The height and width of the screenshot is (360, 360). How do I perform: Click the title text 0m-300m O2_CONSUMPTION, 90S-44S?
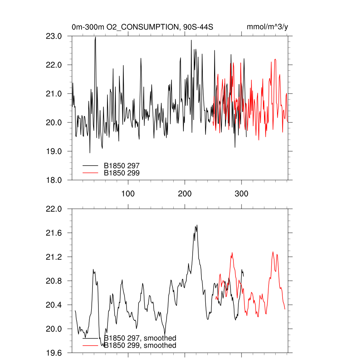tap(142, 27)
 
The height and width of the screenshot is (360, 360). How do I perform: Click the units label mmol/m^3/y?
tap(268, 27)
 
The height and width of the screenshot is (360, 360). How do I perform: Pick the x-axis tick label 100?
tap(128, 194)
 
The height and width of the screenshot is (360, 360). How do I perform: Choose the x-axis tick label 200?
tap(185, 194)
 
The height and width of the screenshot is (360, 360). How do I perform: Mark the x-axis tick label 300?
tap(242, 194)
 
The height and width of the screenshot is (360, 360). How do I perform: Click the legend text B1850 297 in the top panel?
tap(122, 165)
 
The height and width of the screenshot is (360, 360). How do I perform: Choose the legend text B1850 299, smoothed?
tap(140, 346)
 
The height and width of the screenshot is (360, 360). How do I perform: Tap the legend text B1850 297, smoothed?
tap(140, 338)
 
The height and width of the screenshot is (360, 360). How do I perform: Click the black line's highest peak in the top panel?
tap(95, 37)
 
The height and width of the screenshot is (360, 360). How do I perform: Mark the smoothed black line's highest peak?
tap(197, 225)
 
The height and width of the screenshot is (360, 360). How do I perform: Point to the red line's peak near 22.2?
tap(275, 59)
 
